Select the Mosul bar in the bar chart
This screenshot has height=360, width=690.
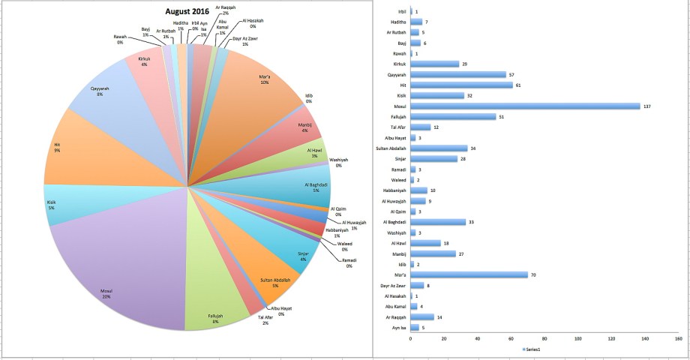[525, 106]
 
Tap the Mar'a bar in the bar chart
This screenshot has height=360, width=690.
[469, 274]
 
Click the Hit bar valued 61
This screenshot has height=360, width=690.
[461, 85]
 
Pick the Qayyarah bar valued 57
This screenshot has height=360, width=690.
[457, 74]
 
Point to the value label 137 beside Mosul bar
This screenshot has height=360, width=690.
[647, 106]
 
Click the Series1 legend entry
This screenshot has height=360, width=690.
[535, 350]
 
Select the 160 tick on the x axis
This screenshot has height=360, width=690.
[677, 338]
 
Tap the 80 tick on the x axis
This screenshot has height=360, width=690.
[544, 338]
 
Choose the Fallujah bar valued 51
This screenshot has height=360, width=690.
[453, 116]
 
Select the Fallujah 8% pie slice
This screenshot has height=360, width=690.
[214, 300]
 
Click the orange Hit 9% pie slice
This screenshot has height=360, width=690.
[75, 150]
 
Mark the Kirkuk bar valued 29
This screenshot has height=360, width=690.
[434, 64]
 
